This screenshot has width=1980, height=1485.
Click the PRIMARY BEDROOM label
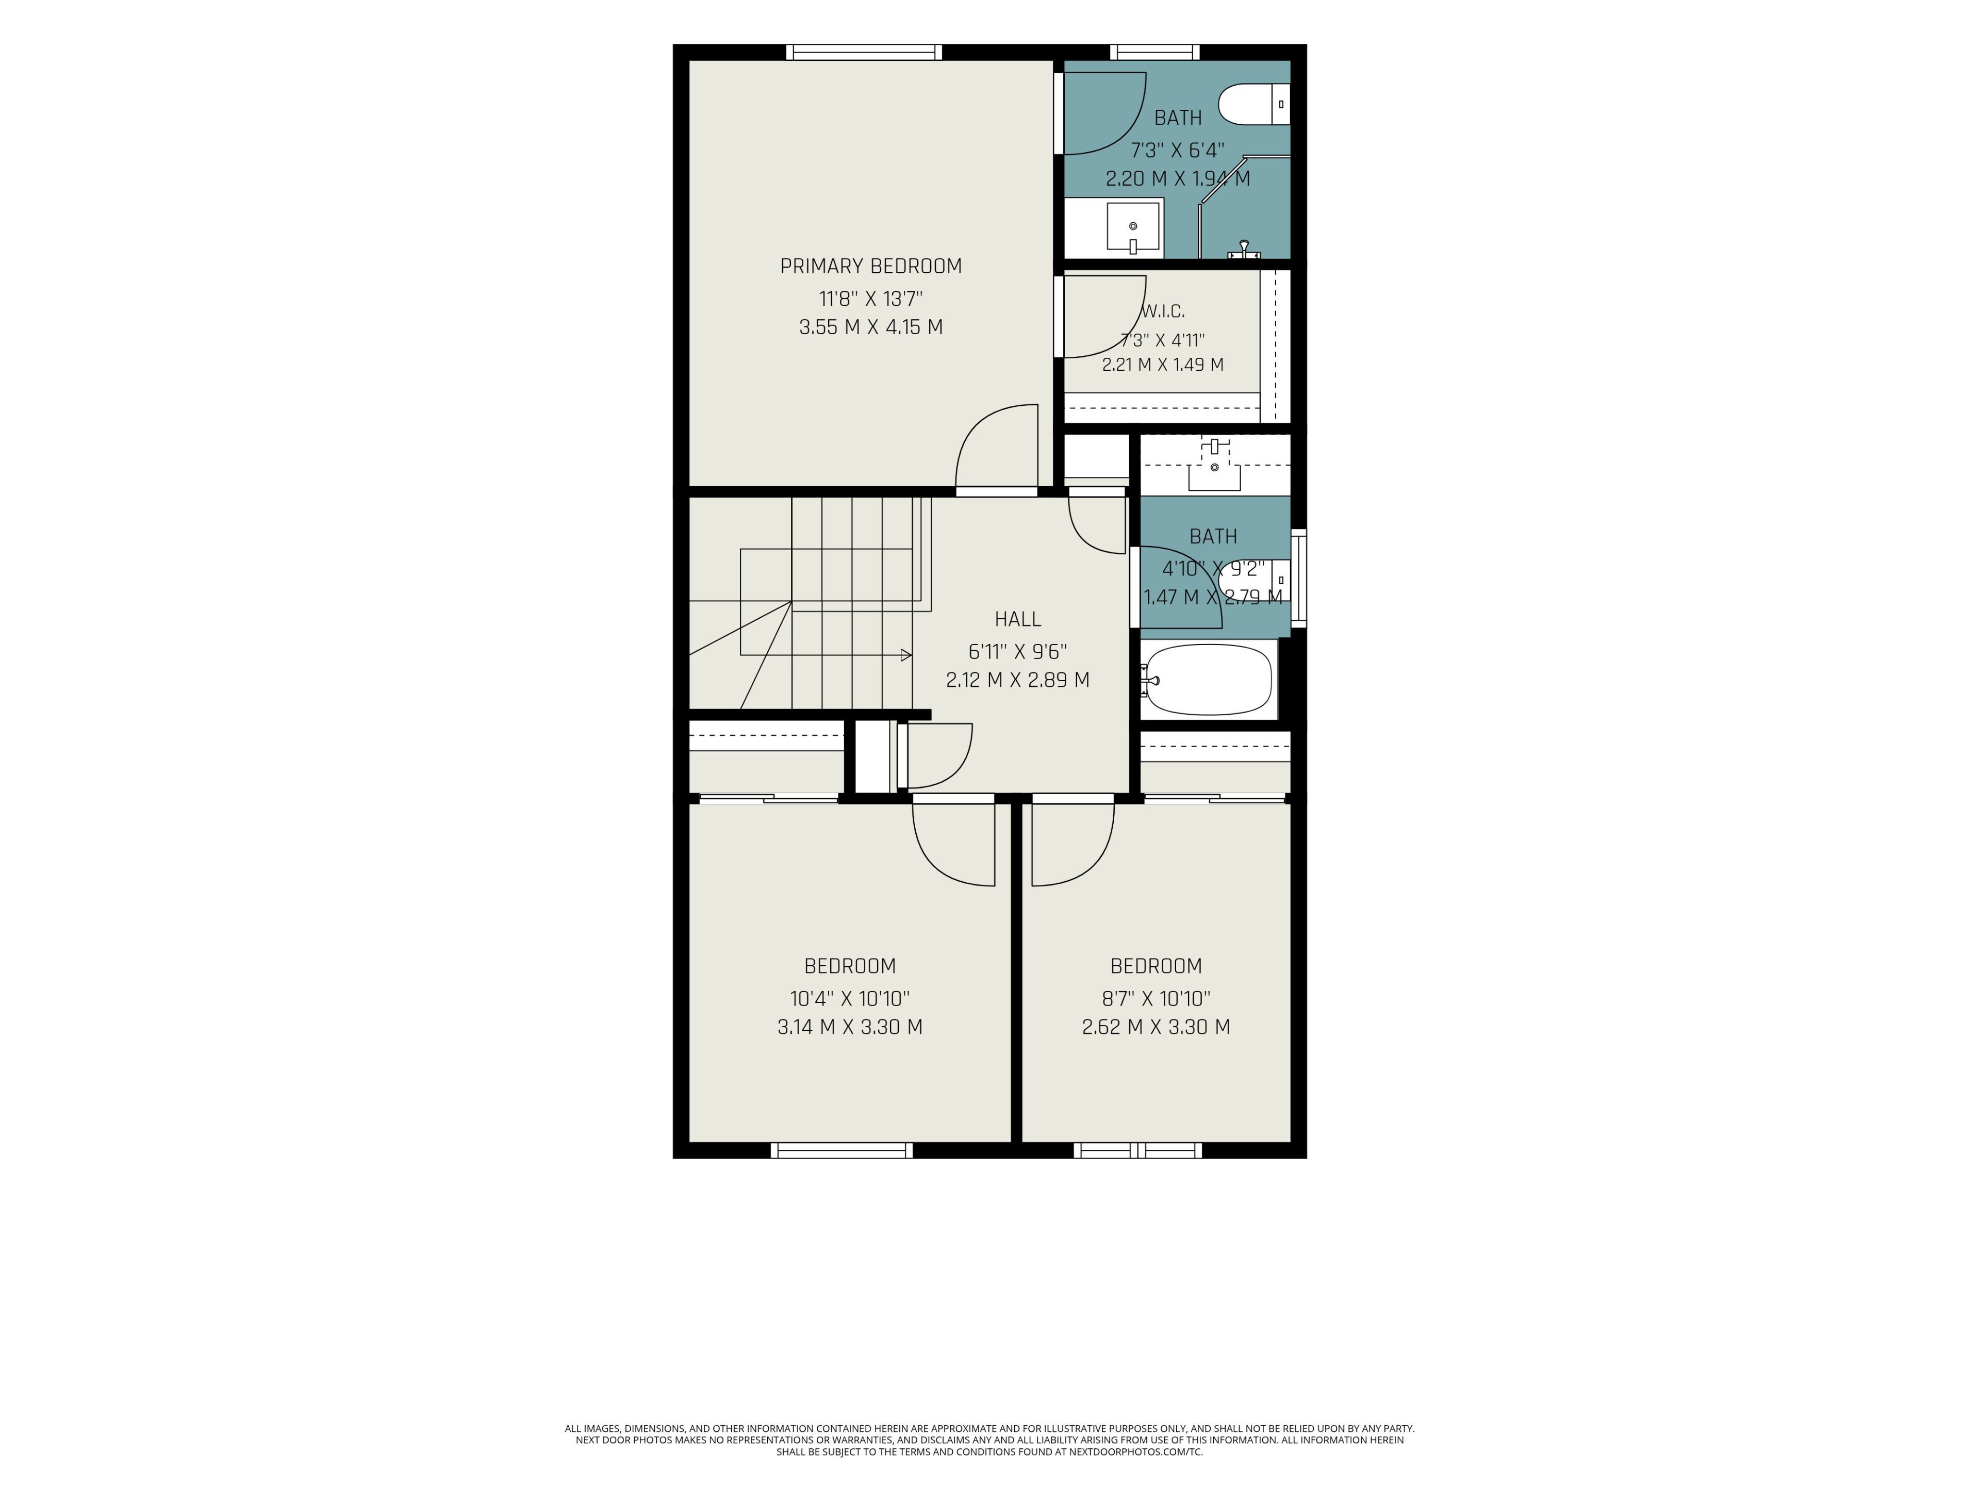871,266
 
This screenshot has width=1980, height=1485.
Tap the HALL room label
1018,619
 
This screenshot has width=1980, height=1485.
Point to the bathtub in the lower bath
1209,680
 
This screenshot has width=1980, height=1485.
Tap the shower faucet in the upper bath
1243,250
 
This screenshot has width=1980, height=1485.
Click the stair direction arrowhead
906,655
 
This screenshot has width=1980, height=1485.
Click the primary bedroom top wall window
864,52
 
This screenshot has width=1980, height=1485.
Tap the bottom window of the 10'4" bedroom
841,1150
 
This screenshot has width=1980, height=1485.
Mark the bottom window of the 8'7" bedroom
1137,1150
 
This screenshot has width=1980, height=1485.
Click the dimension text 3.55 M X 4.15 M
871,327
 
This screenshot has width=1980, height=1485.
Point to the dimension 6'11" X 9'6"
1018,651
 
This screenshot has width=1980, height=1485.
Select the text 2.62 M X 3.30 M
1156,1027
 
